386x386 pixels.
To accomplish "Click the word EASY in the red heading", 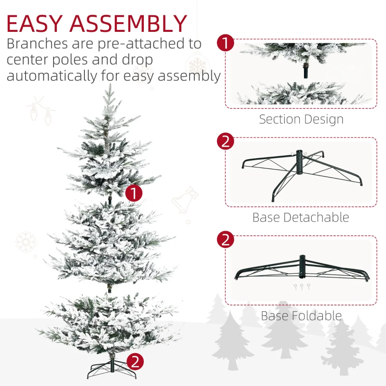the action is coord(34,24).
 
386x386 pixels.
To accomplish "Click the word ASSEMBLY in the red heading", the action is coord(128,24).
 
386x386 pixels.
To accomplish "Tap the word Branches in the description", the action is coord(37,43).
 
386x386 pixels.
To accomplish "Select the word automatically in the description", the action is coord(52,75).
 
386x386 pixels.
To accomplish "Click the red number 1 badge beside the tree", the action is coord(134,193).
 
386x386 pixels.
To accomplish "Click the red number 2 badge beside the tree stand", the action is coord(135,362).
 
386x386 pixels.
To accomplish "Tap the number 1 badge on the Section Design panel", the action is coord(225,42).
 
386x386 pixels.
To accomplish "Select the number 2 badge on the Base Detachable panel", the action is coord(225,141).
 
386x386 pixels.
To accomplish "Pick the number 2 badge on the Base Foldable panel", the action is coord(225,239).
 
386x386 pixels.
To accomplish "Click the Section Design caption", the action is coord(301,119).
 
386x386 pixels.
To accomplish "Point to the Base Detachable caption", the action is coord(301,218).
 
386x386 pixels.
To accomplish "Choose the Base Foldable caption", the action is coord(301,316).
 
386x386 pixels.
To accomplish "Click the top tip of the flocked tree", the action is coord(110,84).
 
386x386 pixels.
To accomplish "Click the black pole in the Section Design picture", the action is coord(305,71).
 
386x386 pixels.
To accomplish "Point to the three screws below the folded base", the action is coord(302,287).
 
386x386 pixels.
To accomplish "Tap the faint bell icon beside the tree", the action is coord(185,200).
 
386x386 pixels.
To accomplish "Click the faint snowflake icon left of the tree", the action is coord(26,242).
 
